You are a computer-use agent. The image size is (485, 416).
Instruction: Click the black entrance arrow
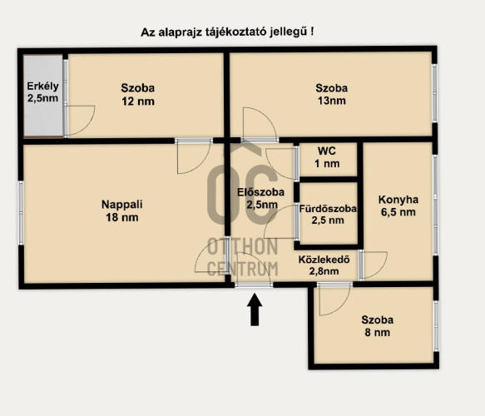click(255, 310)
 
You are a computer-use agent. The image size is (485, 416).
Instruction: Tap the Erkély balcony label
click(42, 92)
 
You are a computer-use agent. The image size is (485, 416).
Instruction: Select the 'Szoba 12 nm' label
click(138, 94)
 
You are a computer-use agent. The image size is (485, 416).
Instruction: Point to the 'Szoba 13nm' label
click(332, 94)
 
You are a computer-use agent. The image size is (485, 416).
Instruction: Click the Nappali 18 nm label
click(121, 210)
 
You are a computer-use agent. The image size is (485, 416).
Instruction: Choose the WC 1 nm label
click(327, 157)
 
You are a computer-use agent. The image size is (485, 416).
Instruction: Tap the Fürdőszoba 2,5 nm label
click(328, 214)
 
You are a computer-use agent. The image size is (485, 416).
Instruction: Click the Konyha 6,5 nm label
click(398, 206)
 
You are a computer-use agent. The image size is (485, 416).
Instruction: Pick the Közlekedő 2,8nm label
click(324, 265)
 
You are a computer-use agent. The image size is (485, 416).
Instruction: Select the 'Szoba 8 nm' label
click(378, 326)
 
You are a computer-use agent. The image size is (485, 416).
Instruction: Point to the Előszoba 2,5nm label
click(260, 198)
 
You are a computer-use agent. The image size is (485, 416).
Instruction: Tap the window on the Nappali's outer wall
click(21, 213)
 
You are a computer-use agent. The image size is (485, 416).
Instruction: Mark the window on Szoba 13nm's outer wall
click(434, 93)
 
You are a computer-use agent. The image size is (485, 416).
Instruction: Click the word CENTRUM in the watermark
click(243, 269)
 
